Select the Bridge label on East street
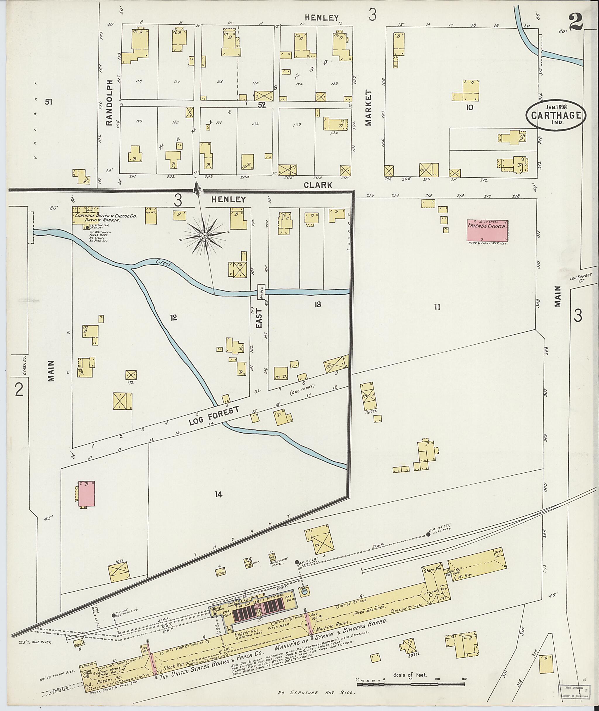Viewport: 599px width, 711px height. pos(261,292)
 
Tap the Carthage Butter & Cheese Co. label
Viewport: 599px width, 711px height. pos(105,215)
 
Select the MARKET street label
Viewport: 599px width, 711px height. pos(369,108)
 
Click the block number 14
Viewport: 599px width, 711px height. pos(218,494)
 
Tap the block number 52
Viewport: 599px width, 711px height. pos(262,105)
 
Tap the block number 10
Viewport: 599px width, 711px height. pos(470,108)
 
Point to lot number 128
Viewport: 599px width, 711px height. pos(138,81)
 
